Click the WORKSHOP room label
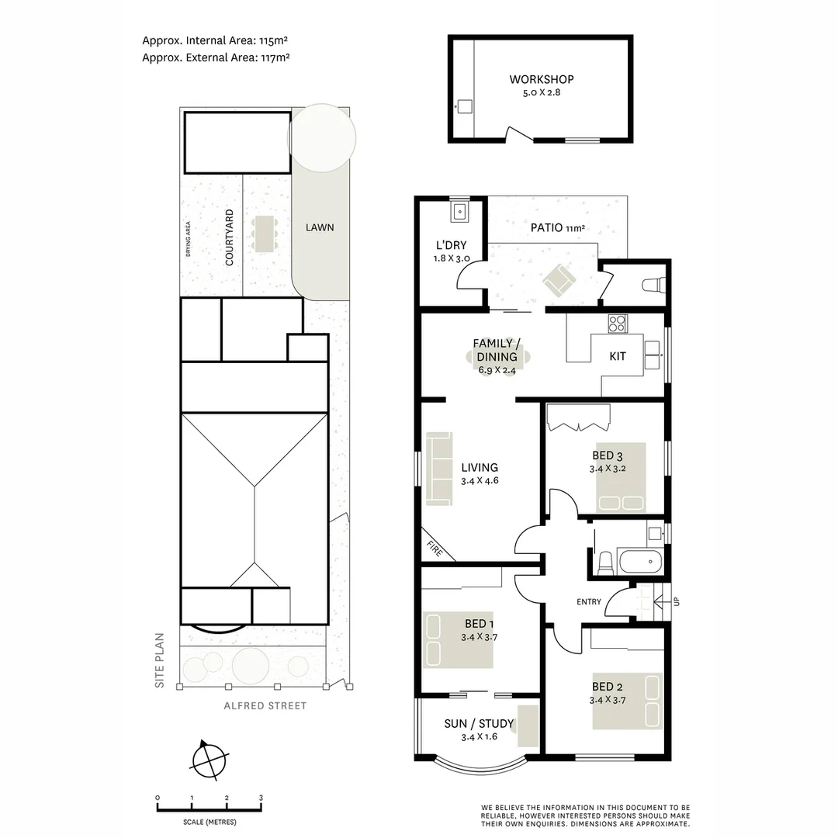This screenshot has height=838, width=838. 542,79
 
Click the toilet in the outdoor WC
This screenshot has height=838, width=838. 653,285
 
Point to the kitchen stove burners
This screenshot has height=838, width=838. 617,323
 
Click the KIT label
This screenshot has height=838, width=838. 618,357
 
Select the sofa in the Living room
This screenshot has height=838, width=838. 438,468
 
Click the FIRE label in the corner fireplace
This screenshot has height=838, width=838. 435,548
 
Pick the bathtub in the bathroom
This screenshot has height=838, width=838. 640,562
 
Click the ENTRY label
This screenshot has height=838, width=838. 589,601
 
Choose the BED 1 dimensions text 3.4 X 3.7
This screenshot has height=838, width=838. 478,637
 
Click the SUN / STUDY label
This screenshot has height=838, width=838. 479,724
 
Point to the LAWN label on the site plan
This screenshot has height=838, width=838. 320,227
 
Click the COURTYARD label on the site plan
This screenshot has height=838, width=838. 230,237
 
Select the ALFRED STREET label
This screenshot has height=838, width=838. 265,706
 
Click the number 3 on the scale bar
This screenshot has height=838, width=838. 261,798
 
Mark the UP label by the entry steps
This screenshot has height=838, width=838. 677,601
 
